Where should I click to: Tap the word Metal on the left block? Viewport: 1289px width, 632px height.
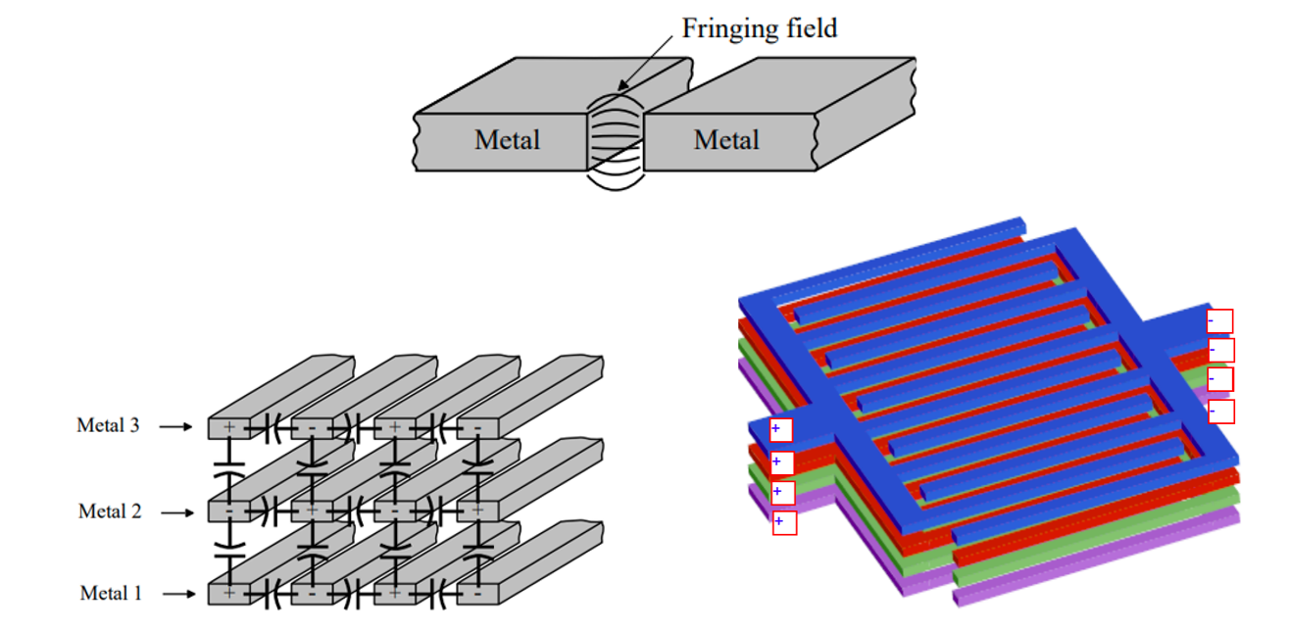pyautogui.click(x=507, y=140)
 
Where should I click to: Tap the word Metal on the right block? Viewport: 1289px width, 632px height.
pyautogui.click(x=726, y=140)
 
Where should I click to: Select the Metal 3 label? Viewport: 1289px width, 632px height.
pyautogui.click(x=108, y=426)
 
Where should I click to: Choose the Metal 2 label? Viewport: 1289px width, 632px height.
pyautogui.click(x=109, y=511)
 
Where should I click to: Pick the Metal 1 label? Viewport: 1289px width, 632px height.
pyautogui.click(x=110, y=594)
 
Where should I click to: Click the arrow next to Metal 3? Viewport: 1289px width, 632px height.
pyautogui.click(x=177, y=426)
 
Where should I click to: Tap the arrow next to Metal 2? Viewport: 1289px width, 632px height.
pyautogui.click(x=177, y=512)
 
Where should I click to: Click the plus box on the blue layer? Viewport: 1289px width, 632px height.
pyautogui.click(x=781, y=430)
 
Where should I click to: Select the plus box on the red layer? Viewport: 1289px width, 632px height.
pyautogui.click(x=781, y=462)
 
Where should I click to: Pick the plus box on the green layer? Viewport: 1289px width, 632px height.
pyautogui.click(x=781, y=492)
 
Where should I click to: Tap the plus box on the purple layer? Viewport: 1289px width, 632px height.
pyautogui.click(x=783, y=522)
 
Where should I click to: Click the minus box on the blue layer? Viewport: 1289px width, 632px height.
pyautogui.click(x=1219, y=321)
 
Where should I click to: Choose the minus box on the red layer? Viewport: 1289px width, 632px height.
pyautogui.click(x=1220, y=350)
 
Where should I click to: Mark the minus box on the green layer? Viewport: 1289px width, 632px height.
pyautogui.click(x=1219, y=380)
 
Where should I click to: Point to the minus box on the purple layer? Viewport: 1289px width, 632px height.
pyautogui.click(x=1220, y=412)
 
